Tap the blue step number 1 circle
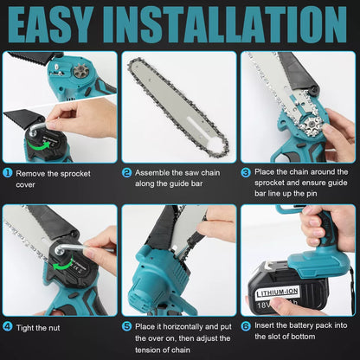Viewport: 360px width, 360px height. (x=8, y=172)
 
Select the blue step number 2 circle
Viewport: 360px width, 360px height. (x=127, y=172)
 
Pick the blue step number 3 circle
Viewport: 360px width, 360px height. (x=247, y=172)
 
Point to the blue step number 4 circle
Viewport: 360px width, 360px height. (x=8, y=326)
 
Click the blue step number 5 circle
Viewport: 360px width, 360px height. (x=127, y=326)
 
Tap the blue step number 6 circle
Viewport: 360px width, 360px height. (x=247, y=326)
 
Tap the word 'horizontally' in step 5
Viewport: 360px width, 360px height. (x=178, y=326)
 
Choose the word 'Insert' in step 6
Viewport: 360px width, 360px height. (x=267, y=326)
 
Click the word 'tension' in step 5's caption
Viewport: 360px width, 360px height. (x=151, y=350)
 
